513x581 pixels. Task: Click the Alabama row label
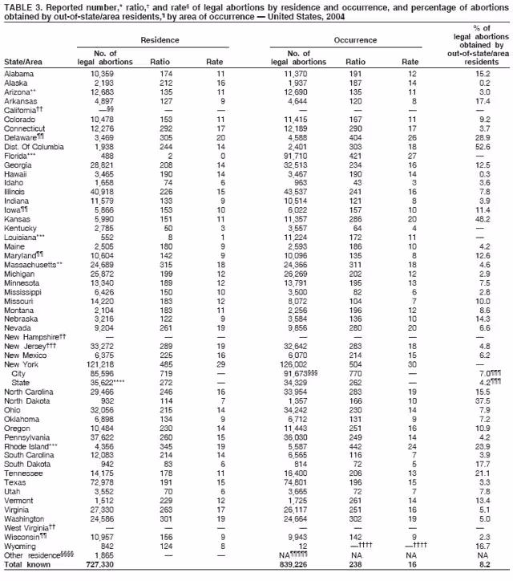[18, 74]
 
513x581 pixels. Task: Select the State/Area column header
[23, 61]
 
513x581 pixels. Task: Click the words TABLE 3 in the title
[19, 6]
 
